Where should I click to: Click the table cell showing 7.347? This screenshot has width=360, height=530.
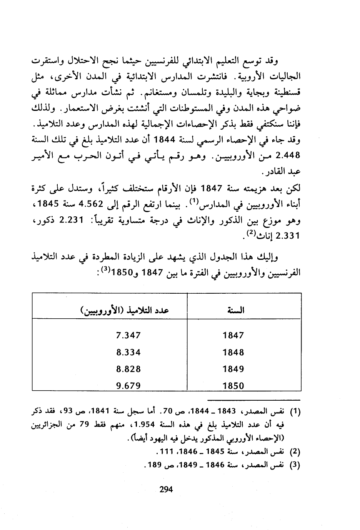point(128,335)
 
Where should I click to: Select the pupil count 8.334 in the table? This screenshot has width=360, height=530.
point(128,352)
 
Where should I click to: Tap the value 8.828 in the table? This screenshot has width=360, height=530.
point(128,369)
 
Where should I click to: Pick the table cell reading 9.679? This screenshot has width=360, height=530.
point(128,385)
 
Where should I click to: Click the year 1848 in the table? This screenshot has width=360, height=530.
point(233,352)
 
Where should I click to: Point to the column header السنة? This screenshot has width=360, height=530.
point(236,310)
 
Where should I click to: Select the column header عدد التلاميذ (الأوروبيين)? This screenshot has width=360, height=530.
point(125,311)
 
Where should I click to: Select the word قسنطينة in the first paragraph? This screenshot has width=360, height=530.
point(285,93)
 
